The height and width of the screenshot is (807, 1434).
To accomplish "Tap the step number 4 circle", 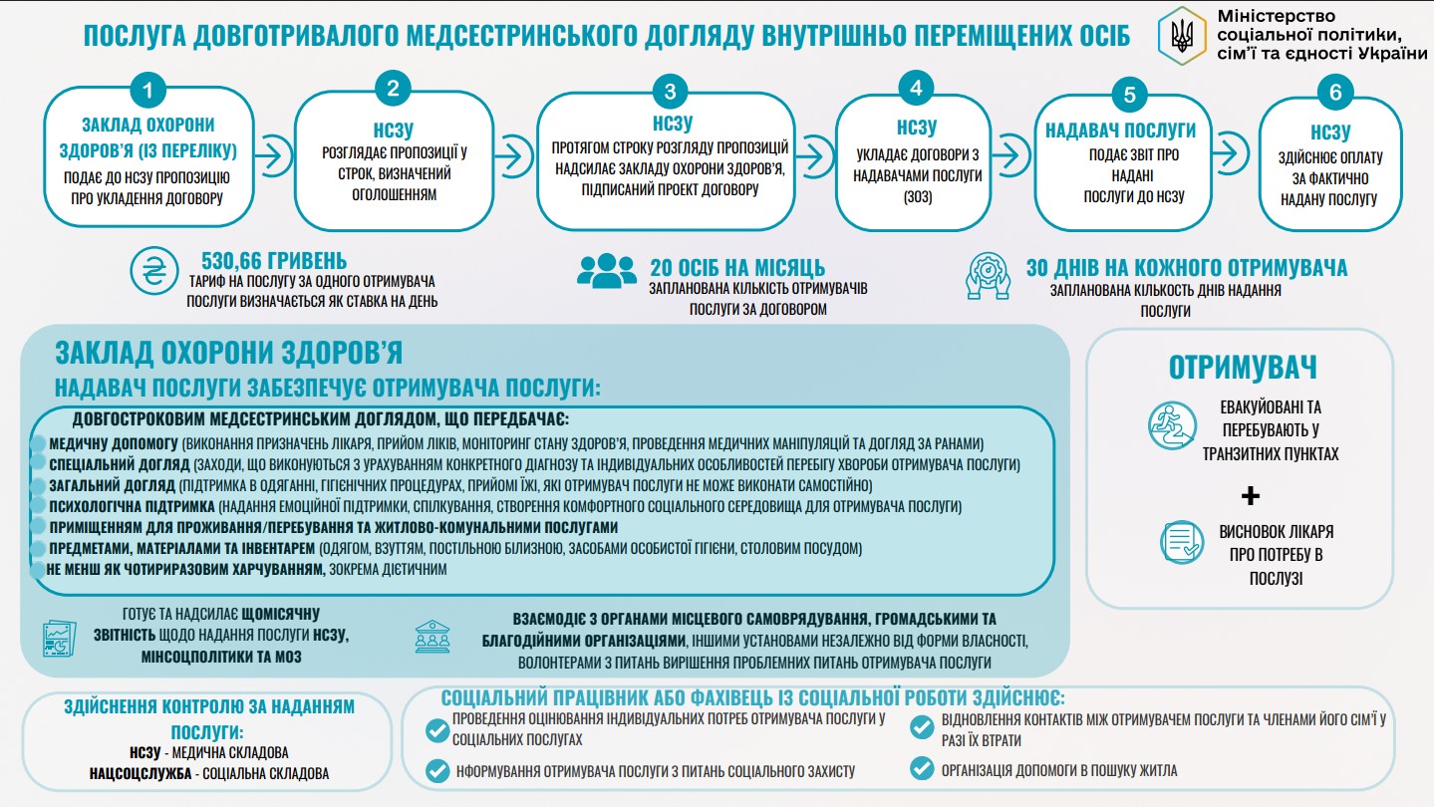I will tap(916, 88).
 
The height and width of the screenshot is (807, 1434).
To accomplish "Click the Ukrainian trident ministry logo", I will tap(1183, 38).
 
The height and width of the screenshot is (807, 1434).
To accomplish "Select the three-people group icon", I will tap(606, 268).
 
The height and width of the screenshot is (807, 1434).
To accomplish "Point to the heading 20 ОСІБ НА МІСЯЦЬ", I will tap(737, 267).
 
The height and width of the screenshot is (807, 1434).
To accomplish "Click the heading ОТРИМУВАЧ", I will tap(1243, 367).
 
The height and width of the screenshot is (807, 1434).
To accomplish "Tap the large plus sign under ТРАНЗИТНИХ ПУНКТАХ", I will tap(1251, 495).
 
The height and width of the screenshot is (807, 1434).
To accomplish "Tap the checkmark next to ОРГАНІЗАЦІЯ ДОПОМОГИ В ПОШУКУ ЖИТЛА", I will tap(922, 768).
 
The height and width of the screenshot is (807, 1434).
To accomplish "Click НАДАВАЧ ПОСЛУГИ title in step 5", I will tap(1120, 131).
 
